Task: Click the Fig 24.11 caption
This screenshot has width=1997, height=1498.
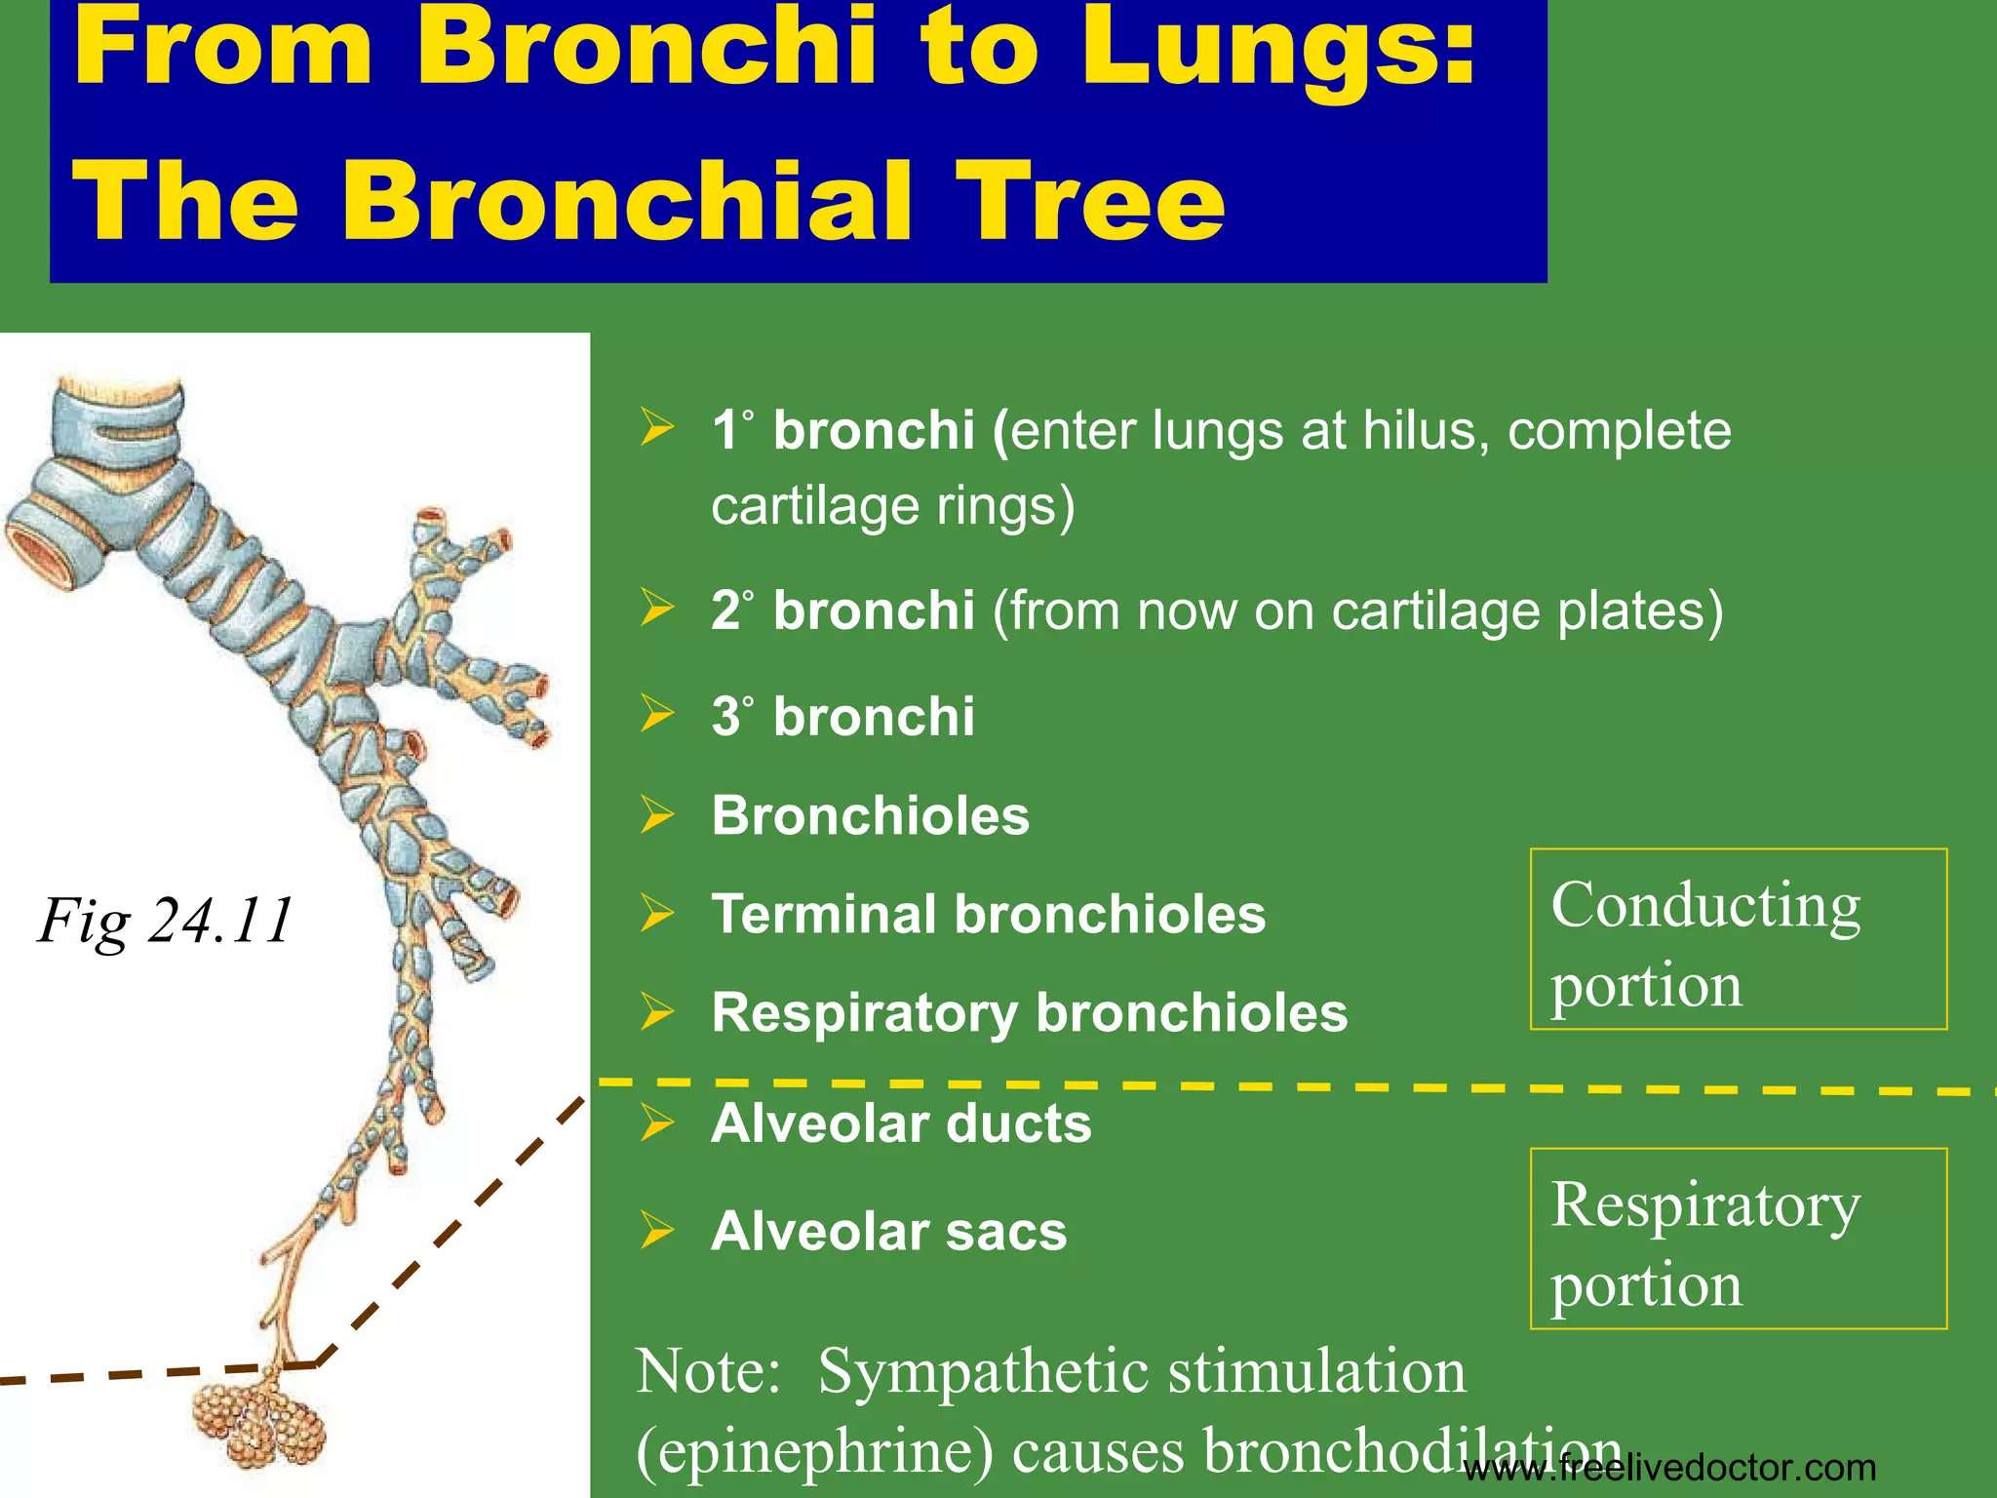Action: click(165, 920)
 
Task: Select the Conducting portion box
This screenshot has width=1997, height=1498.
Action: click(1738, 939)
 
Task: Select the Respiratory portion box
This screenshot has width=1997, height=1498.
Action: click(1738, 1239)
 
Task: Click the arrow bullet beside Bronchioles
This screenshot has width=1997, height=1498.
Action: click(657, 815)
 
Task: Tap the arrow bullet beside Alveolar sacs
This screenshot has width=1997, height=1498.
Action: click(657, 1231)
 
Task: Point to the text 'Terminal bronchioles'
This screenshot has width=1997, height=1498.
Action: click(988, 915)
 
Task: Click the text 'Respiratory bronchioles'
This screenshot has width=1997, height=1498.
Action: click(1029, 1012)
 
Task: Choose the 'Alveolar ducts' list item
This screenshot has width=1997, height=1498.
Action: click(901, 1123)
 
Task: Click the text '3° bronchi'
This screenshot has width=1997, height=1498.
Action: click(842, 717)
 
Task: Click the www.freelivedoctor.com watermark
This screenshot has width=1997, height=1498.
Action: click(1669, 1468)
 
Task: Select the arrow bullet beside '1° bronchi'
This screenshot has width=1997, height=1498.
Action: click(657, 428)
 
